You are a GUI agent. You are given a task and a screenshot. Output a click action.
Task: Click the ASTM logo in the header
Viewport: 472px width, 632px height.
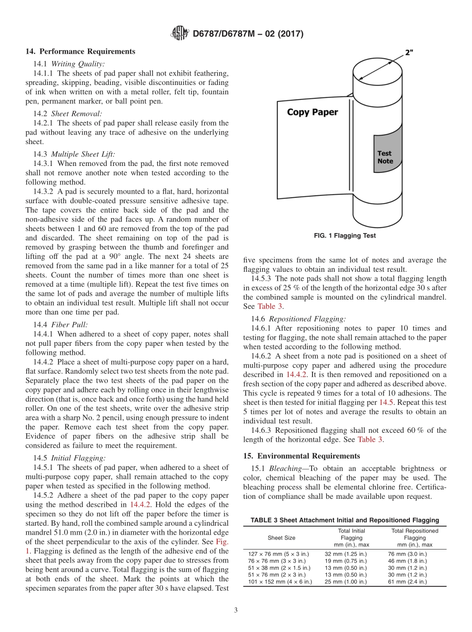pyautogui.click(x=179, y=33)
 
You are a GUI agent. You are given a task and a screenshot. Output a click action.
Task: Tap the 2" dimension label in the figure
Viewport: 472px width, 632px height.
pyautogui.click(x=409, y=53)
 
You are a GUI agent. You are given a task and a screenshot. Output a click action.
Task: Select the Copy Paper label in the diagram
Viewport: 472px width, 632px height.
pyautogui.click(x=312, y=112)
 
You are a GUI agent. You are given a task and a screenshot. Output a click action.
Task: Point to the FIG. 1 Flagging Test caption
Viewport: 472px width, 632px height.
pyautogui.click(x=345, y=236)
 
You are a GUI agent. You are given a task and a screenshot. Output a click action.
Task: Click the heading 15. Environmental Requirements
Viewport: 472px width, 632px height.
pyautogui.click(x=302, y=456)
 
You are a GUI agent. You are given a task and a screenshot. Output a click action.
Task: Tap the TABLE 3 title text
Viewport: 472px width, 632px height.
pyautogui.click(x=344, y=520)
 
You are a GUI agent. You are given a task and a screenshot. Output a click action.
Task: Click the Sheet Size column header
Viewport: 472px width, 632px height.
pyautogui.click(x=281, y=538)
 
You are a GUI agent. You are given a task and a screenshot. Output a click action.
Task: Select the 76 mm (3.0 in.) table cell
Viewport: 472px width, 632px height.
pyautogui.click(x=407, y=553)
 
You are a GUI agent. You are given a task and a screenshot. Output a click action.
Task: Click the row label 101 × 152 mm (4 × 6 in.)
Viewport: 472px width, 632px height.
pyautogui.click(x=280, y=581)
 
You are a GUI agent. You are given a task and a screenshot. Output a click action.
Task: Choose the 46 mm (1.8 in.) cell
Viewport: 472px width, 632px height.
pyautogui.click(x=407, y=560)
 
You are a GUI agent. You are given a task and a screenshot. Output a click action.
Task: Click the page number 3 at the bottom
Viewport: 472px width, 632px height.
pyautogui.click(x=236, y=610)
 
